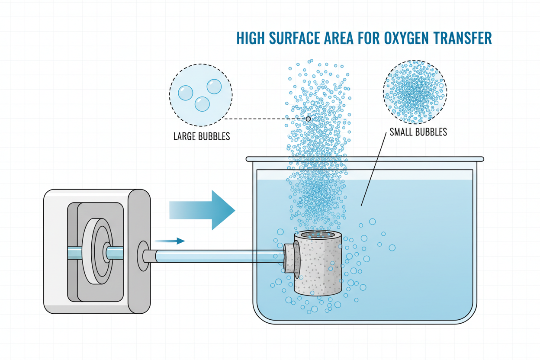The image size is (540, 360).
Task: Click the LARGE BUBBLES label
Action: tap(201, 136)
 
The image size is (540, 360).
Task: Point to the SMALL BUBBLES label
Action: tap(418, 132)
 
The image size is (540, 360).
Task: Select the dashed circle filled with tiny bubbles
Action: tap(415, 92)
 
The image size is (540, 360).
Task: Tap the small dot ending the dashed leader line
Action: tap(308, 119)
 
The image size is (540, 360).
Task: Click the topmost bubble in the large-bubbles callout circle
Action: tap(214, 87)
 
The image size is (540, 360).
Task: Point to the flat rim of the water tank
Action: tap(364, 159)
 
